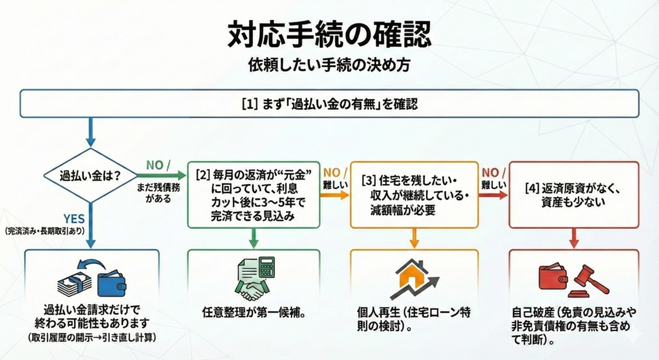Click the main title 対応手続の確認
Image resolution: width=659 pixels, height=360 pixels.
click(329, 35)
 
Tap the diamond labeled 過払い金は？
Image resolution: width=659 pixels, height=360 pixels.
click(89, 175)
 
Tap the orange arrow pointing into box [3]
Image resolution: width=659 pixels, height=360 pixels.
click(335, 193)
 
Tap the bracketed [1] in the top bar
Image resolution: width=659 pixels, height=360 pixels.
click(248, 104)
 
